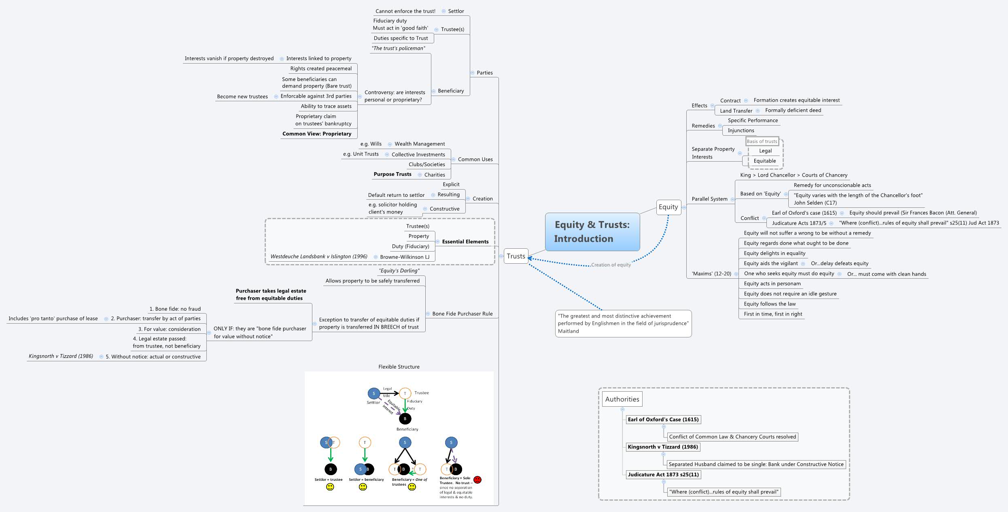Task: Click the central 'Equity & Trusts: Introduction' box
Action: pyautogui.click(x=592, y=232)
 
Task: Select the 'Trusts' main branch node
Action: pyautogui.click(x=516, y=256)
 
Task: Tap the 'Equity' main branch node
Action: pyautogui.click(x=668, y=207)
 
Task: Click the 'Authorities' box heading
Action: pyautogui.click(x=622, y=399)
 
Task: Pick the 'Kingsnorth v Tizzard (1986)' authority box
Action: pyautogui.click(x=663, y=447)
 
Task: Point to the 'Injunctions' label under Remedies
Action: pyautogui.click(x=741, y=130)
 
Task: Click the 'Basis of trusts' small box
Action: pyautogui.click(x=762, y=141)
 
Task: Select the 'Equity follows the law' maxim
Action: pyautogui.click(x=769, y=304)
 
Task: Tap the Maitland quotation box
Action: pyautogui.click(x=623, y=323)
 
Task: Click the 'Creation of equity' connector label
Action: pyautogui.click(x=611, y=265)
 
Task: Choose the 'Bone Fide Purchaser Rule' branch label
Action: pyautogui.click(x=462, y=314)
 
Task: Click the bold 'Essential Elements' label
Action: pyautogui.click(x=465, y=241)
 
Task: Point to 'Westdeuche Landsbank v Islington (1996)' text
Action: pyautogui.click(x=319, y=256)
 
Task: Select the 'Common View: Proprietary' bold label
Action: pyautogui.click(x=317, y=134)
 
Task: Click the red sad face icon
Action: pyautogui.click(x=477, y=480)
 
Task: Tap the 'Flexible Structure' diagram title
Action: pyautogui.click(x=399, y=367)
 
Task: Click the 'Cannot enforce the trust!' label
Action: pyautogui.click(x=405, y=11)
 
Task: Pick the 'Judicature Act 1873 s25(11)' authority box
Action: pyautogui.click(x=663, y=474)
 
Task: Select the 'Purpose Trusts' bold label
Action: pyautogui.click(x=392, y=174)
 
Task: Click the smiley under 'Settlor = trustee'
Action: pyautogui.click(x=330, y=487)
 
